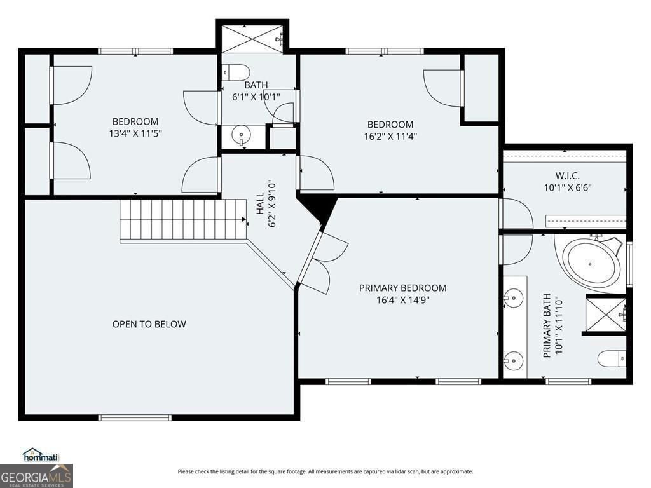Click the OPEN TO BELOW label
(149, 324)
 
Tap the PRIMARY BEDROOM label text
(402, 288)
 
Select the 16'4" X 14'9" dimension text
(402, 301)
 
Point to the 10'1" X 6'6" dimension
(568, 187)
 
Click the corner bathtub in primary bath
(593, 263)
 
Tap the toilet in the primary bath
(612, 359)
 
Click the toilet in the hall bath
(236, 72)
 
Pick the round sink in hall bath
(240, 135)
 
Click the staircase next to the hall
(183, 219)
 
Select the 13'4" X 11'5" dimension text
(135, 133)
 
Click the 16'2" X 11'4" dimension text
(390, 136)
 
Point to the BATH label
(256, 85)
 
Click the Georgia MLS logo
(36, 475)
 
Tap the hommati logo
(41, 455)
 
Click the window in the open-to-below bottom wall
(134, 417)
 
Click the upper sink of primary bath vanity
(513, 297)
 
